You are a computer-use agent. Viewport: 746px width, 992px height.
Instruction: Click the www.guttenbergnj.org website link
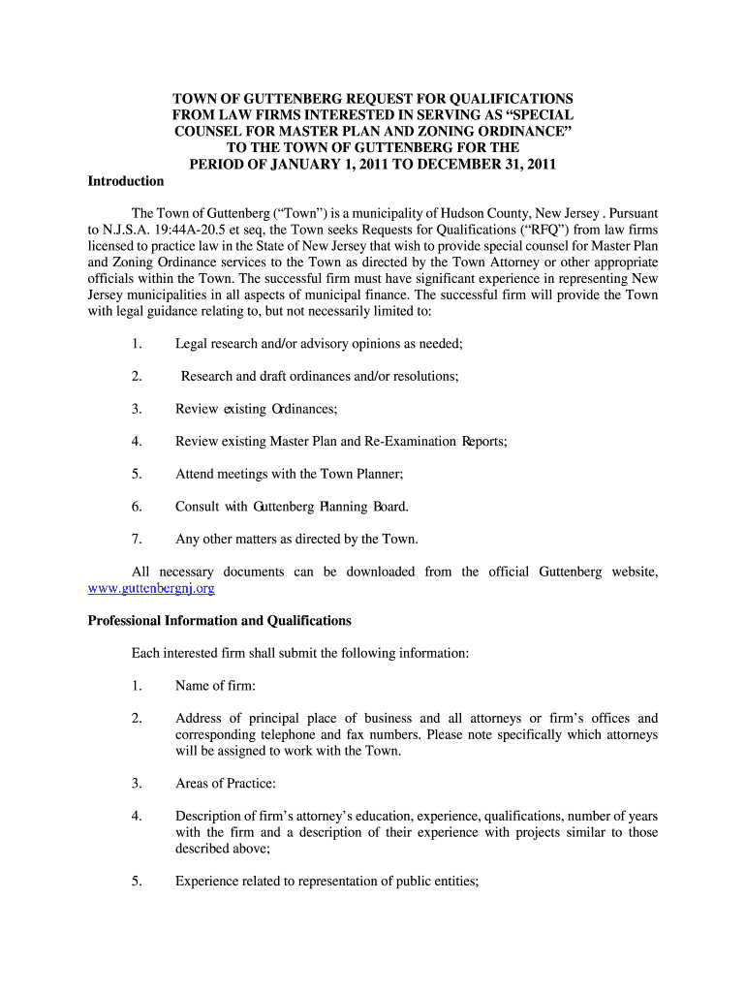click(151, 588)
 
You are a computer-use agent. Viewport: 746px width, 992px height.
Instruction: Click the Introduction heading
click(126, 181)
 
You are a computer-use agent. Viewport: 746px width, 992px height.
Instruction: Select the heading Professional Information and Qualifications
click(220, 621)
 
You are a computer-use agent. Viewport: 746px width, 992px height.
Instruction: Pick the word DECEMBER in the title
click(472, 164)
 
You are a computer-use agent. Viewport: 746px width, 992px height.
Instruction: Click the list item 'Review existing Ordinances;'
click(256, 409)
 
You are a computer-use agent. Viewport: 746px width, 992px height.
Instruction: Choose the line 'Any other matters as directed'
click(296, 539)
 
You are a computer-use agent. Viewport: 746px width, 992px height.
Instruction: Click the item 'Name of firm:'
click(215, 686)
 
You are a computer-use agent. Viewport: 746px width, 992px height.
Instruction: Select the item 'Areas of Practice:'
click(226, 783)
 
